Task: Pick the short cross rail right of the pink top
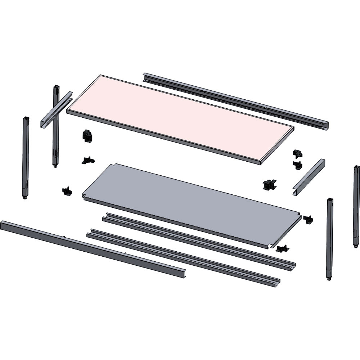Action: point(309,177)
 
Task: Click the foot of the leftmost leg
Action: point(24,197)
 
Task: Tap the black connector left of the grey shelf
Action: point(67,192)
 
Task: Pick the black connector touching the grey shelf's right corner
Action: point(309,219)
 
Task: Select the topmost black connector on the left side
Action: point(87,136)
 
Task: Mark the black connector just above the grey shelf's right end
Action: point(269,185)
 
